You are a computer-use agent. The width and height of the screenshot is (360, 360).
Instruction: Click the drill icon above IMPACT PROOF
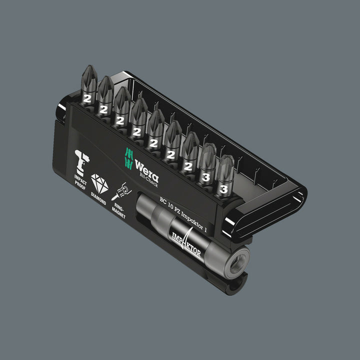pos(81,158)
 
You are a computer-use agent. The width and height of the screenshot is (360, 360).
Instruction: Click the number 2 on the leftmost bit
pos(88,98)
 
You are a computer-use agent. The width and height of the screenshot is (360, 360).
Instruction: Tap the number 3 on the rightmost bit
pos(223,189)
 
